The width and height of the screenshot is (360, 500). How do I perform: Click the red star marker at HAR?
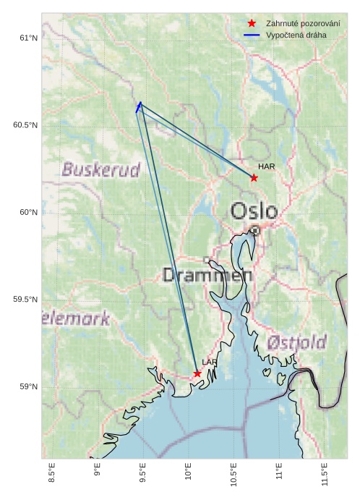[x=254, y=177]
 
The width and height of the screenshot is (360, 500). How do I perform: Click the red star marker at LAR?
[x=197, y=373]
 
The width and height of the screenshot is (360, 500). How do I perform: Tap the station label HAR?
[x=266, y=167]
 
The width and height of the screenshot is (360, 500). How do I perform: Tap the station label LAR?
[x=209, y=363]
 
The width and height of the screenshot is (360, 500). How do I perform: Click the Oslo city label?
[x=254, y=211]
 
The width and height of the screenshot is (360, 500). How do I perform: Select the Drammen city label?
[x=207, y=275]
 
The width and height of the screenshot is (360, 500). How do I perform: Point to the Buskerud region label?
[x=100, y=170]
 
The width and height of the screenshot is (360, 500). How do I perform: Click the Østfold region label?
[x=296, y=342]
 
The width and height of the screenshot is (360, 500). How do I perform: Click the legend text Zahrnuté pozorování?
[x=303, y=23]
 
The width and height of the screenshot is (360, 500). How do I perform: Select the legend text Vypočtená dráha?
[x=296, y=35]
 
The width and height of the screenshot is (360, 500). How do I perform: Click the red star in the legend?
[x=252, y=23]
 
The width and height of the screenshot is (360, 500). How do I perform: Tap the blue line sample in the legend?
[x=252, y=35]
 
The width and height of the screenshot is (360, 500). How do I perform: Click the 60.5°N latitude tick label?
[x=25, y=125]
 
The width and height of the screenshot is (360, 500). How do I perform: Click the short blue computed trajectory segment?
[x=138, y=107]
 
